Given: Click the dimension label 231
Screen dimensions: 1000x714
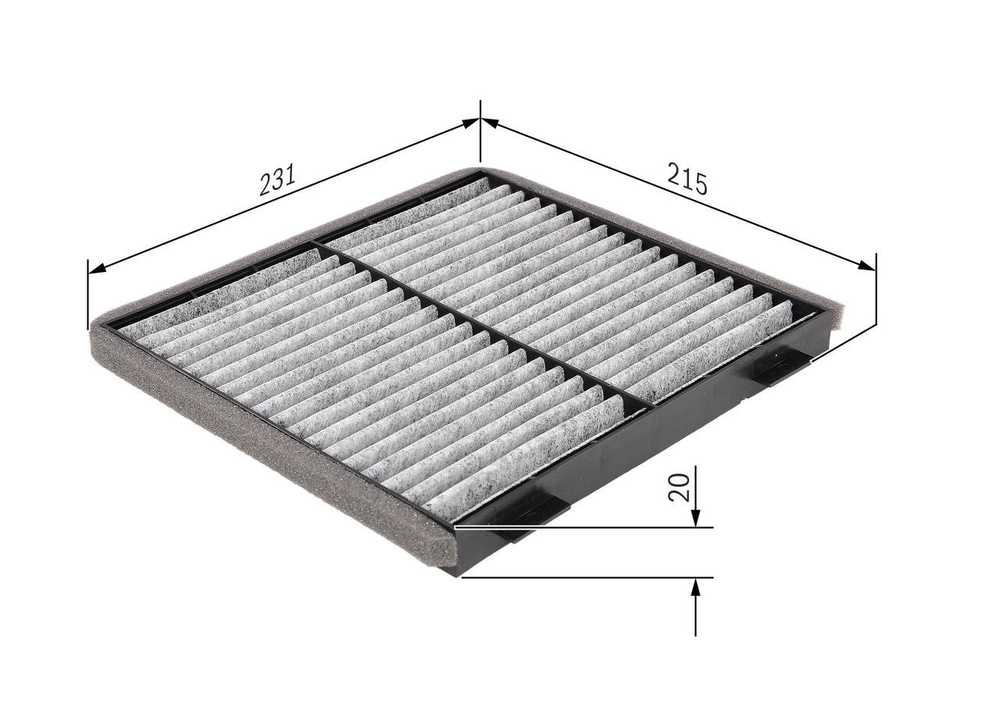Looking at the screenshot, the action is click(277, 180).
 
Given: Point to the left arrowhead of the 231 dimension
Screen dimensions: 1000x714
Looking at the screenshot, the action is click(98, 268).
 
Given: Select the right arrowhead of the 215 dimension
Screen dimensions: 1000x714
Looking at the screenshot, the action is click(867, 266).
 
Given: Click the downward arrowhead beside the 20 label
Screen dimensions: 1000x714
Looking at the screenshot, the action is click(695, 518).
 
